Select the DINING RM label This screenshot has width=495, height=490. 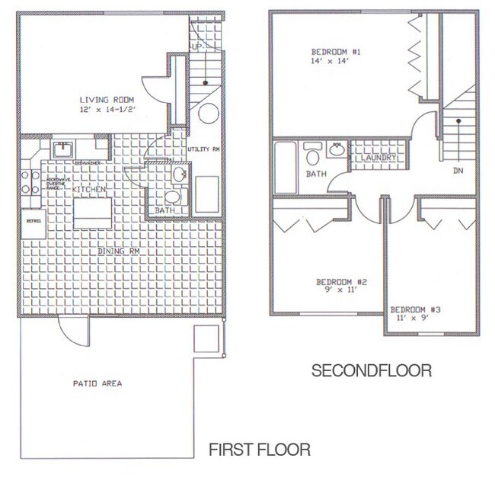[x=123, y=251]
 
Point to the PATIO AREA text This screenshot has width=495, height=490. [x=98, y=383]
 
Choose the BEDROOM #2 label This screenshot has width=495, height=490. [x=342, y=283]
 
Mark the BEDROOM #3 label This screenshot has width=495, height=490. [x=417, y=309]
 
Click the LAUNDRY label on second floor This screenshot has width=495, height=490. [x=378, y=159]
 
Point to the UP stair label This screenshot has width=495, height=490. [x=196, y=47]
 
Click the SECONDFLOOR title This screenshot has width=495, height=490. [x=372, y=371]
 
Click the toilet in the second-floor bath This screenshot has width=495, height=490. [x=311, y=159]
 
